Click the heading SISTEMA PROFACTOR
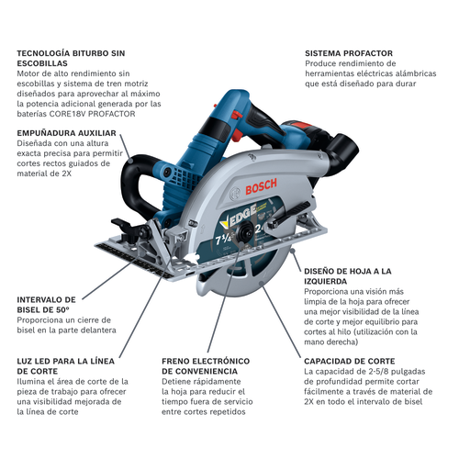[x=349, y=53]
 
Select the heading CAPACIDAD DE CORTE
[x=350, y=361]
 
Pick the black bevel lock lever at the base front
[x=119, y=225]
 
